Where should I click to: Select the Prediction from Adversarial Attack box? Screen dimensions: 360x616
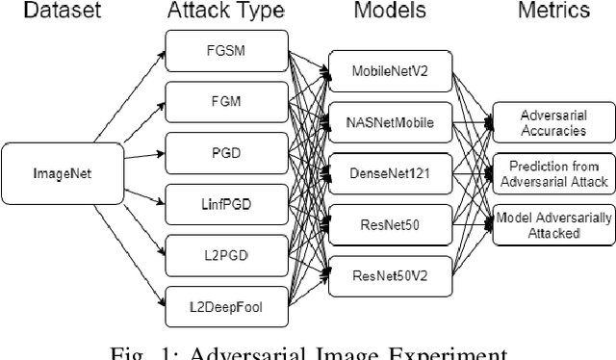pyautogui.click(x=551, y=171)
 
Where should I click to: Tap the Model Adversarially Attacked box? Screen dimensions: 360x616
pyautogui.click(x=551, y=225)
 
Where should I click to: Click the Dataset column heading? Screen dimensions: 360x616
pyautogui.click(x=45, y=11)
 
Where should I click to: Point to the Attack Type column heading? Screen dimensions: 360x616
pyautogui.click(x=225, y=12)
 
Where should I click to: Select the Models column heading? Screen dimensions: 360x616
pyautogui.click(x=388, y=11)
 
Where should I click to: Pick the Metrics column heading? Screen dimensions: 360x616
pyautogui.click(x=552, y=11)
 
